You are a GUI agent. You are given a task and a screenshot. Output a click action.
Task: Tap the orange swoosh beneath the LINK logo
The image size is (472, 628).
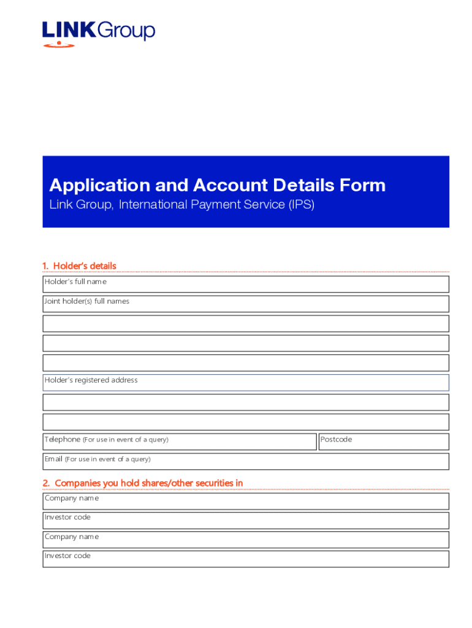pos(59,44)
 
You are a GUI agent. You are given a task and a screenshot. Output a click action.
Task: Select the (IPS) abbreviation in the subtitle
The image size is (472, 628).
pos(300,205)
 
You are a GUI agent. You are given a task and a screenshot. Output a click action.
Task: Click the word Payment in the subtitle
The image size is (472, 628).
pos(213,205)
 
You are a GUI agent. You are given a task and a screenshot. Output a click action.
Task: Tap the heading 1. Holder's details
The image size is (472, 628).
pos(79,266)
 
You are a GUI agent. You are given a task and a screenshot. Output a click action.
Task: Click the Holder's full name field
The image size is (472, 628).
pos(245,285)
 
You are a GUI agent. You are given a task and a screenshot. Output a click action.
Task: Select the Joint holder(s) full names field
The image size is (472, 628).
pos(245,304)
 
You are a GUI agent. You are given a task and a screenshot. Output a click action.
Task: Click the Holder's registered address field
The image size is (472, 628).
pos(245,383)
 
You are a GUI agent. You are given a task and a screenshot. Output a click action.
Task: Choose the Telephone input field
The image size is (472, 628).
pos(179,442)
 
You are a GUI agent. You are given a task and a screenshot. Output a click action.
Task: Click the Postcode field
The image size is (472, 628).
pos(384,442)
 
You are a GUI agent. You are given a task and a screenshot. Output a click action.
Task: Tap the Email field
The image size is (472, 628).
pos(245,461)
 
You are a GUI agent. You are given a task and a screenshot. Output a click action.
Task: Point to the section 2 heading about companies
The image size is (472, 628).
pos(142,483)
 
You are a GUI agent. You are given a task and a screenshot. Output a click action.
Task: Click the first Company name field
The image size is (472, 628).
pos(245,501)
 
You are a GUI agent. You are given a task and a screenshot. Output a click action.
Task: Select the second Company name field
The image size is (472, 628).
pos(245,540)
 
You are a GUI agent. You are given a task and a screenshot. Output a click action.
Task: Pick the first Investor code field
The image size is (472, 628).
pos(245,521)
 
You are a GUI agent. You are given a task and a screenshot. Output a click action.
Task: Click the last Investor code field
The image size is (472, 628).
pos(245,559)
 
